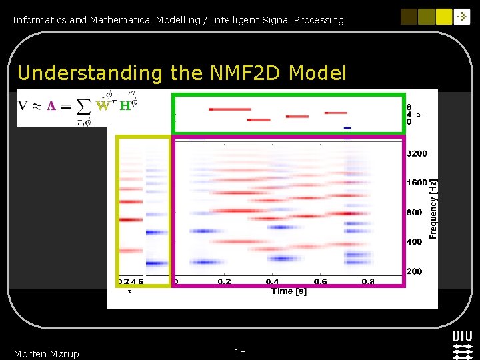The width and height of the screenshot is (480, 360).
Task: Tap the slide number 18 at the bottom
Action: click(x=240, y=352)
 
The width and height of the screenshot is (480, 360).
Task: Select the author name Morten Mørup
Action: click(x=46, y=354)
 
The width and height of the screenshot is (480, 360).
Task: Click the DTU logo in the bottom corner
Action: click(x=463, y=343)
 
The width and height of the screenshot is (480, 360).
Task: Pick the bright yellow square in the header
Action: click(x=445, y=17)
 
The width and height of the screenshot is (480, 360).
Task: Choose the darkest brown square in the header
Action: click(x=409, y=17)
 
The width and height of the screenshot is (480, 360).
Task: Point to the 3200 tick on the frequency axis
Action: click(x=417, y=153)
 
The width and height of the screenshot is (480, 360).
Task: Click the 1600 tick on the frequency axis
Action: click(x=417, y=183)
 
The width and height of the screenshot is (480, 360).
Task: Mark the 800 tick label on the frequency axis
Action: click(x=414, y=213)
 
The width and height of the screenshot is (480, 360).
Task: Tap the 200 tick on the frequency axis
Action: click(x=414, y=271)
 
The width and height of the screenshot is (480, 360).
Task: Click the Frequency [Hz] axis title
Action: click(x=433, y=209)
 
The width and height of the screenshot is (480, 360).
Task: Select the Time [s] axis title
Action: click(x=289, y=291)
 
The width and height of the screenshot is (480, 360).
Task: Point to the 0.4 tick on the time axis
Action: click(x=272, y=282)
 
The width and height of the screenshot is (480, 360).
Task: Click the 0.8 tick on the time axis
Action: click(x=368, y=282)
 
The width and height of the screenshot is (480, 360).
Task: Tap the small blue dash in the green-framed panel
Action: click(x=347, y=127)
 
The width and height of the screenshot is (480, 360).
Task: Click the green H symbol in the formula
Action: click(x=125, y=106)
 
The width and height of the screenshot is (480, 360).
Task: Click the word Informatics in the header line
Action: click(x=39, y=20)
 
